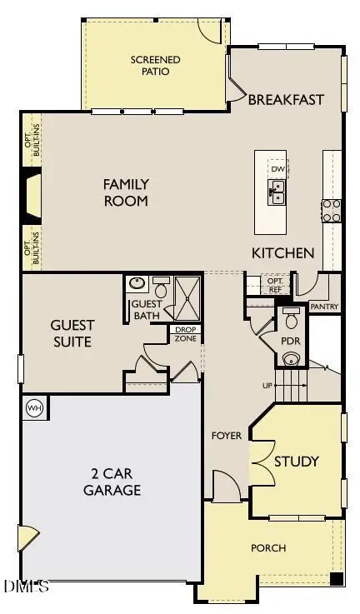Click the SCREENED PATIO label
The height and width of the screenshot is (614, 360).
[x=150, y=65]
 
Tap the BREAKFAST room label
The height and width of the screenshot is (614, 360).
[x=287, y=99]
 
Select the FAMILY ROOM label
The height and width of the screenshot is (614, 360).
[x=126, y=192]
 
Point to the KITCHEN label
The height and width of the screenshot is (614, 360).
[x=283, y=252]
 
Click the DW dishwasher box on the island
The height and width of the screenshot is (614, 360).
[x=277, y=169]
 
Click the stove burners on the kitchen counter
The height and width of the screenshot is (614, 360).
[x=332, y=211]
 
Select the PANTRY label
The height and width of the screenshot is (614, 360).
[x=322, y=307]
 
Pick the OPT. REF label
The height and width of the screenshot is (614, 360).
[x=275, y=285]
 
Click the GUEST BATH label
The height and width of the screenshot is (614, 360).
[x=147, y=309]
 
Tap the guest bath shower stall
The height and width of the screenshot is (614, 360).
[x=187, y=297]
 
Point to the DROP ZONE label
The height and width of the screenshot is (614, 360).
[x=184, y=334]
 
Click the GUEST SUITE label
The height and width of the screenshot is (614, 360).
[x=72, y=333]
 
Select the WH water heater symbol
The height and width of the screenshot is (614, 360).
[x=35, y=408]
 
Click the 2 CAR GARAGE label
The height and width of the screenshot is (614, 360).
[x=112, y=482]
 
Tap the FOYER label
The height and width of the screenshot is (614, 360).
[x=226, y=435]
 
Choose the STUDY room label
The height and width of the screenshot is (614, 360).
[x=297, y=462]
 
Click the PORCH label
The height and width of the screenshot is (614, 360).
[x=268, y=547]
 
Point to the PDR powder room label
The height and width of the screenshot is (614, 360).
[x=291, y=342]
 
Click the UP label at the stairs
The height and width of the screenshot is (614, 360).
[x=267, y=386]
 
